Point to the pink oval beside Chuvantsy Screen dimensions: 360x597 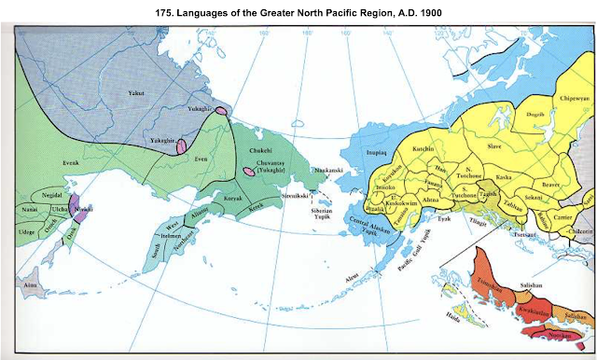click(x=247, y=171)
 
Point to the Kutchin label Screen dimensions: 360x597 click(x=422, y=148)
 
